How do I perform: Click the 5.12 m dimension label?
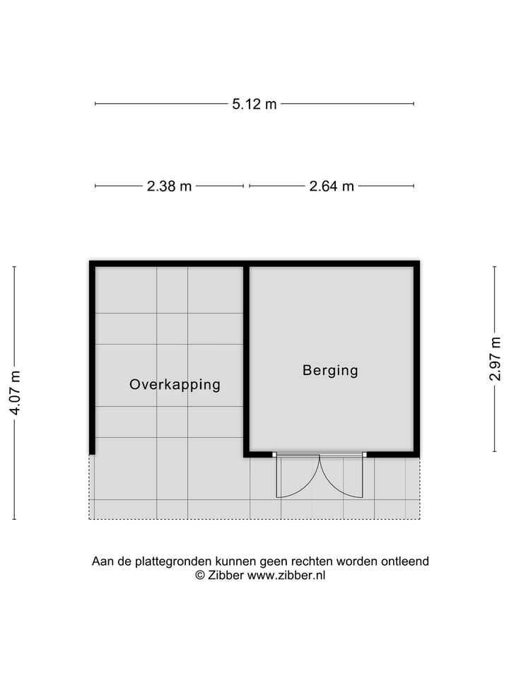click(255, 104)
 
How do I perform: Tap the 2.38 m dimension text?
click(169, 186)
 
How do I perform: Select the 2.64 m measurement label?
click(332, 186)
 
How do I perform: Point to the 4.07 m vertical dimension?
click(15, 393)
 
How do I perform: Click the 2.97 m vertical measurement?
click(495, 359)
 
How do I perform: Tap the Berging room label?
click(330, 370)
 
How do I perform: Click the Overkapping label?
click(175, 385)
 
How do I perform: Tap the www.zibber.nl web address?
click(286, 576)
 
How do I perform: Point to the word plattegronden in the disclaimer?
click(161, 562)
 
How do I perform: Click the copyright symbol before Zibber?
click(200, 576)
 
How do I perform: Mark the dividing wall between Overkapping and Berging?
click(247, 360)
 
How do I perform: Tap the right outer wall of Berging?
click(416, 359)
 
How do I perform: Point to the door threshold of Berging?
click(320, 454)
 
